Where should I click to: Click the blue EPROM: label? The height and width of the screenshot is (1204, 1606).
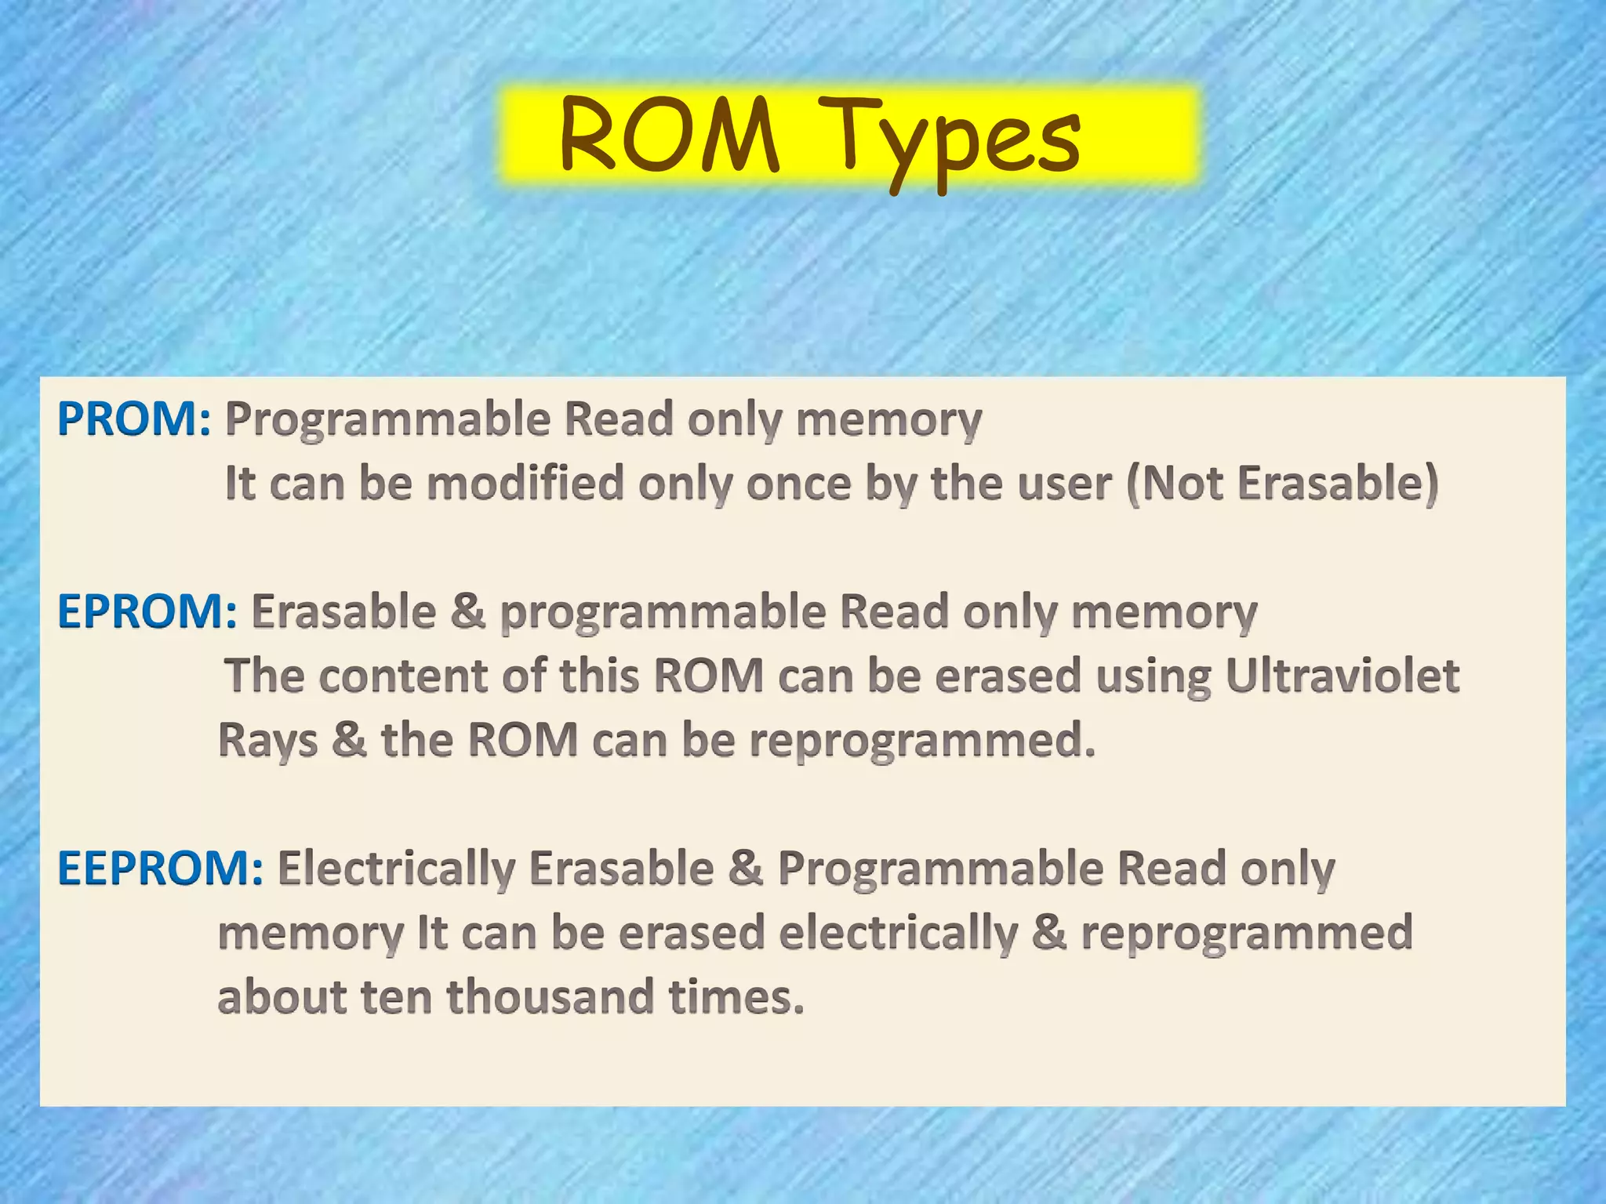pyautogui.click(x=147, y=611)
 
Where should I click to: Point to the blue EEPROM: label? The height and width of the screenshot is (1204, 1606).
pyautogui.click(x=160, y=869)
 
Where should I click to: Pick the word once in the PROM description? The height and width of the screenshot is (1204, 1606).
pyautogui.click(x=798, y=483)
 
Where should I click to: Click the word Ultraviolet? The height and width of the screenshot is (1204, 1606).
pyautogui.click(x=1342, y=676)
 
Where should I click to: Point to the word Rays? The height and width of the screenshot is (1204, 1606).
pyautogui.click(x=267, y=741)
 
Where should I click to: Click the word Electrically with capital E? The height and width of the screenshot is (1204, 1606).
pyautogui.click(x=396, y=869)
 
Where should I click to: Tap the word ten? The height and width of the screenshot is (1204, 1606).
pyautogui.click(x=396, y=997)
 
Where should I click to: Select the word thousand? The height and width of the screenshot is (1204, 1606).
pyautogui.click(x=550, y=997)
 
